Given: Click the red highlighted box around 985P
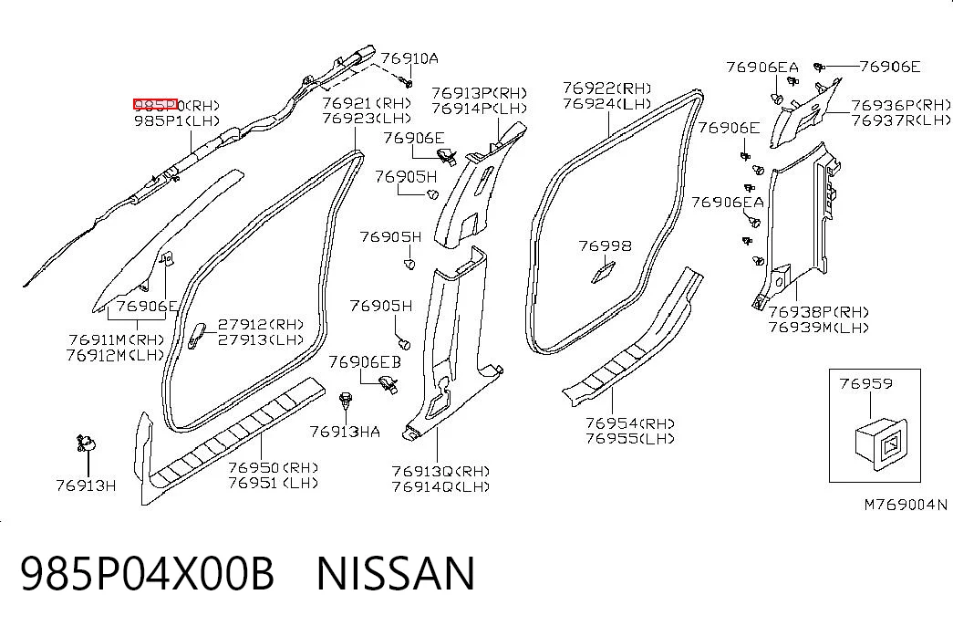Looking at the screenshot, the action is click(x=156, y=105).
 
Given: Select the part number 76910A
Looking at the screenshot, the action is click(x=409, y=58).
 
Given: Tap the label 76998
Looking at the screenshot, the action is click(x=605, y=245).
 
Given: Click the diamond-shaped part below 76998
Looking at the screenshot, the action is click(x=604, y=273).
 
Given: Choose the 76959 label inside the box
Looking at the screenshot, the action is click(x=866, y=383).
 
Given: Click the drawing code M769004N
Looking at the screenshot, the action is click(x=906, y=505).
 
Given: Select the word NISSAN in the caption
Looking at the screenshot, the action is click(x=395, y=573).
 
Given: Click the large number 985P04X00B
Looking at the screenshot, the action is click(x=147, y=573).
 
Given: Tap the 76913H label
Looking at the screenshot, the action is click(x=86, y=485).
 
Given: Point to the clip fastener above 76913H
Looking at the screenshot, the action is click(x=85, y=443).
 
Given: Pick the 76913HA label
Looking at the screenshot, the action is click(x=346, y=432).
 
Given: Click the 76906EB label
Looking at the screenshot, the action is click(x=365, y=362).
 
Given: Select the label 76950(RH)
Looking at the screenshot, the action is click(x=274, y=467).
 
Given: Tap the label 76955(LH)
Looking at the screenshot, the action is click(x=630, y=438).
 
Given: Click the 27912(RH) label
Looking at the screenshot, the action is click(x=261, y=324).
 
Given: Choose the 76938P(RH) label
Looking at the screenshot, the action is click(x=819, y=312).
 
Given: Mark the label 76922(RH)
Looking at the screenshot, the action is click(x=607, y=89).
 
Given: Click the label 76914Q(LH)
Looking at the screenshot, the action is click(x=440, y=486).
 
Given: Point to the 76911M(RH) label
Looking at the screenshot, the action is click(x=117, y=339).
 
